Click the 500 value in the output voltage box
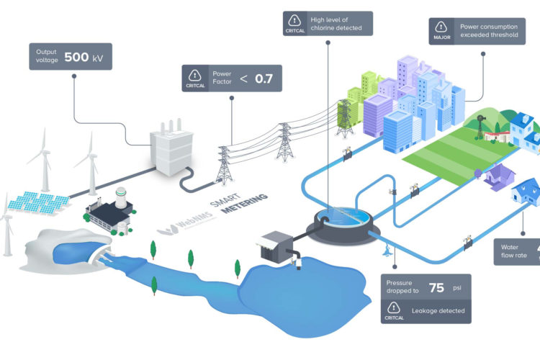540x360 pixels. point(77,57)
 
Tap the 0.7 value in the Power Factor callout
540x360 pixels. point(264,78)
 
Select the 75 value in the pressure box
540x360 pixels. point(436,287)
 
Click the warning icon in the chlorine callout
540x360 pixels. point(294,21)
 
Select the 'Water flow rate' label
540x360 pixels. point(516,252)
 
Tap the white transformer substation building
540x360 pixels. point(170,153)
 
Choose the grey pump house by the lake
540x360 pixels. point(274,246)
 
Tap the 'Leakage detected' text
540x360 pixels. point(439,311)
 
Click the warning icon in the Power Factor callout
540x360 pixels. point(193,75)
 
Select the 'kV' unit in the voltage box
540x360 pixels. point(101,58)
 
